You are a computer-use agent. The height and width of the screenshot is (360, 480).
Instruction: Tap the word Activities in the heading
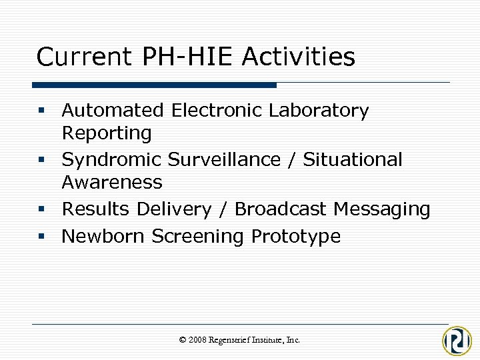[298, 57]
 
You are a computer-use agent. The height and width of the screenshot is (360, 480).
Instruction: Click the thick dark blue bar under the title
[154, 85]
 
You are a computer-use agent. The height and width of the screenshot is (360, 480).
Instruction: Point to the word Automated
[112, 110]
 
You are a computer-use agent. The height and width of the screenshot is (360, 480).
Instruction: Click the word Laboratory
[318, 110]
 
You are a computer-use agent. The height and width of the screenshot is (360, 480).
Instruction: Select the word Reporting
[107, 133]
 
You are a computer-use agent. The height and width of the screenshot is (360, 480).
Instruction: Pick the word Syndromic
[111, 160]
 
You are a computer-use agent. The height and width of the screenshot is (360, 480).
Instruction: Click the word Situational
[353, 160]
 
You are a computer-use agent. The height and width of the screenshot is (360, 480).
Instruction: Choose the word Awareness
[112, 182]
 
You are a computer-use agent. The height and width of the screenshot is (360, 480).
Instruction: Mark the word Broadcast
[281, 209]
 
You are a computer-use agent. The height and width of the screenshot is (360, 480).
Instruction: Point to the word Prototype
[295, 237]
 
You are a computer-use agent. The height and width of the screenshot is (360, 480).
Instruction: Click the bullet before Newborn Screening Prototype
[42, 237]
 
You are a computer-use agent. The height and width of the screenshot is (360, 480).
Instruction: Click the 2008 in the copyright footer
[197, 340]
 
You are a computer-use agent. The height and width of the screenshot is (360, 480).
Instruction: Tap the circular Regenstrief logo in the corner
[457, 341]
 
